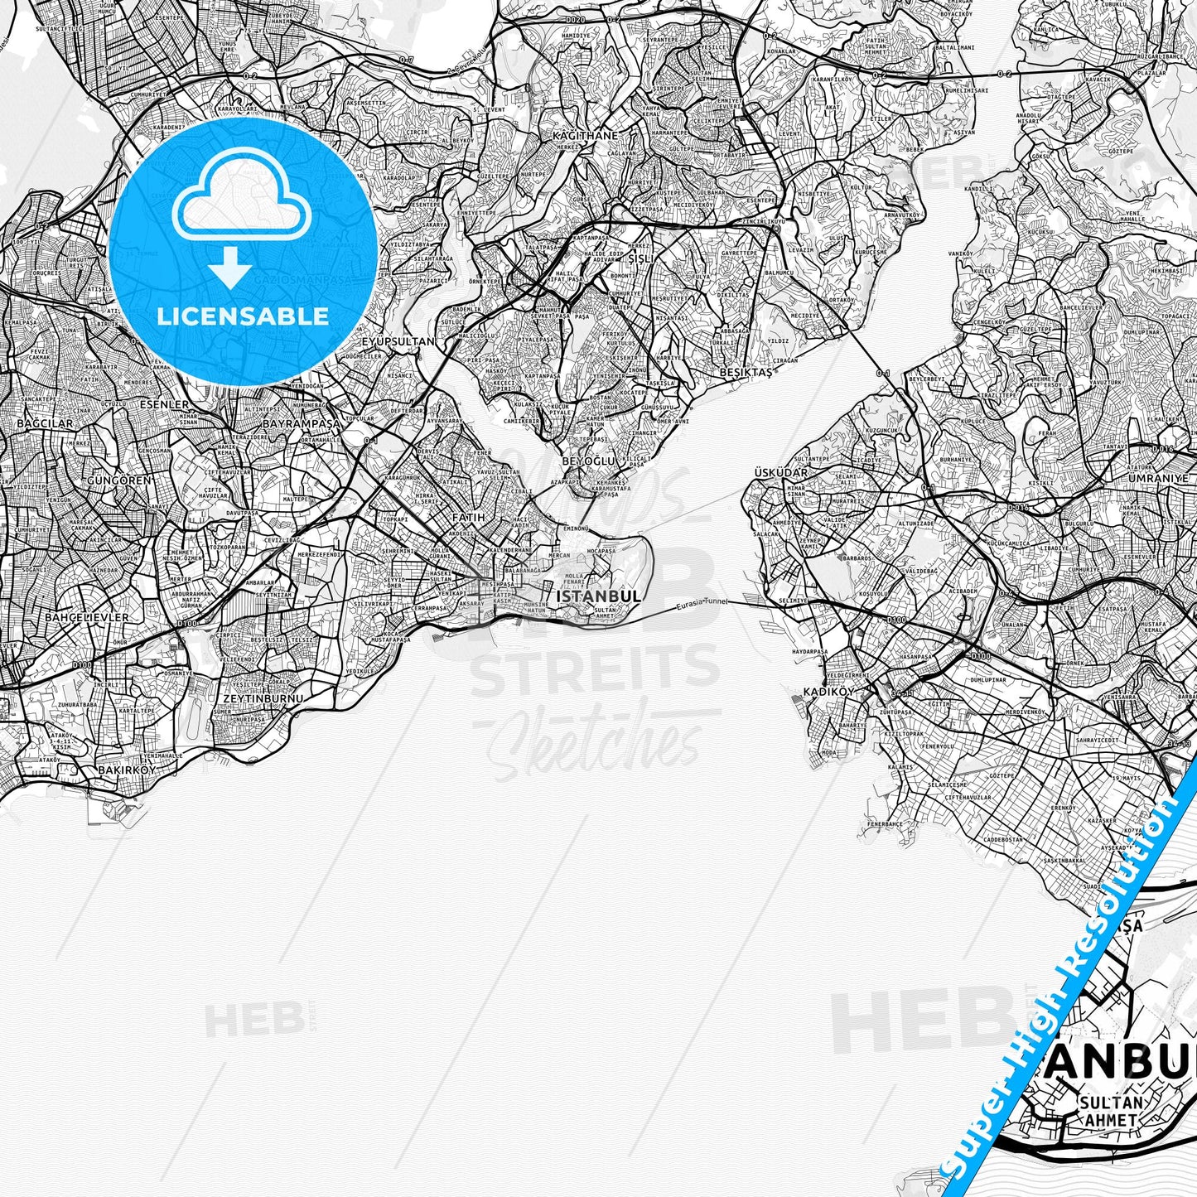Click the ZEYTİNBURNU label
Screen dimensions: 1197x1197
click(260, 697)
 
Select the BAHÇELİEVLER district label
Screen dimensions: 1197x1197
click(86, 617)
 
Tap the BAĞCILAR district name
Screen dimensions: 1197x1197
click(45, 423)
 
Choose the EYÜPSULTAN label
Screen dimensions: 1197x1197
click(398, 340)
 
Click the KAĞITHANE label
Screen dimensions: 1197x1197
click(585, 135)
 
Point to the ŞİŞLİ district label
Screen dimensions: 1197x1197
click(641, 258)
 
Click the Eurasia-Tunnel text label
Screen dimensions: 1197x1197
click(700, 606)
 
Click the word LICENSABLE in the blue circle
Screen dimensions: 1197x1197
click(243, 316)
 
